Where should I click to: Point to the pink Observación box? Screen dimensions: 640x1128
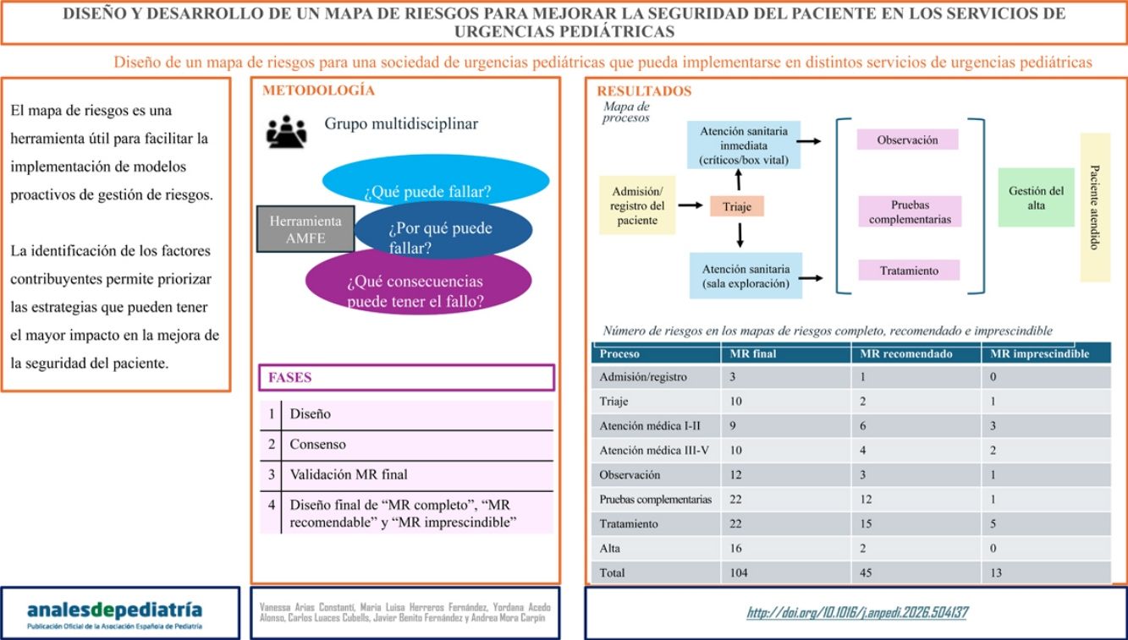click(x=909, y=140)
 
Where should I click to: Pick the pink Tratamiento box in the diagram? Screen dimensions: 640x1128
click(x=909, y=271)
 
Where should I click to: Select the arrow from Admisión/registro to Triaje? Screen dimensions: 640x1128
click(x=693, y=205)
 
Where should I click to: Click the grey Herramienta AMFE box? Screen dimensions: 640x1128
click(x=305, y=229)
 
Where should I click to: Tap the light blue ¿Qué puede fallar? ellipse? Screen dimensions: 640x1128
click(x=435, y=183)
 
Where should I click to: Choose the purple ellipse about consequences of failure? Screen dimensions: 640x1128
click(x=418, y=285)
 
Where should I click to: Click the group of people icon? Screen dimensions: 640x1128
click(x=286, y=131)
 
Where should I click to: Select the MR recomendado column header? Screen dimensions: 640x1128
click(x=906, y=353)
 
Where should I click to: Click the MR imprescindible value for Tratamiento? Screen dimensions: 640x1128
click(x=995, y=524)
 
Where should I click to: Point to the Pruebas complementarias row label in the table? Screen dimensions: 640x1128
click(x=655, y=500)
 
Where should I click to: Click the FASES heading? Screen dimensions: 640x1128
click(x=290, y=377)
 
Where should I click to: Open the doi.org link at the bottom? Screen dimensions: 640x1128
click(x=856, y=613)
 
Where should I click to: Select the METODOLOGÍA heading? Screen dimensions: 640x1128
click(x=318, y=90)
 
